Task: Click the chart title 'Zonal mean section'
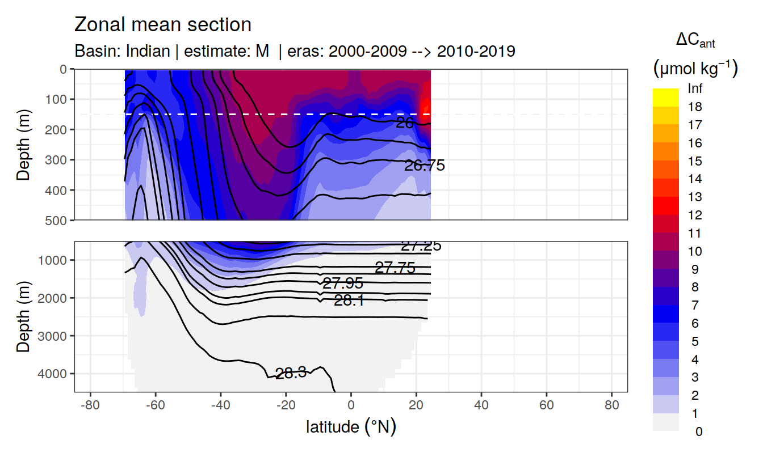(163, 25)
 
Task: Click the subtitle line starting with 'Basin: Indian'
(295, 52)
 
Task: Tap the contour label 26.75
(424, 166)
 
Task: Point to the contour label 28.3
(291, 373)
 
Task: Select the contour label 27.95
(342, 283)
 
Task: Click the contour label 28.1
(349, 301)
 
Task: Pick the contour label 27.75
(395, 268)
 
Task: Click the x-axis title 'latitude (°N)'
(351, 426)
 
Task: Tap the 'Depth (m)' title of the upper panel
(23, 144)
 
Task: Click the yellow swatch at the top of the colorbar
(665, 97)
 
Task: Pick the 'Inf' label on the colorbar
(695, 89)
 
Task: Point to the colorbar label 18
(695, 107)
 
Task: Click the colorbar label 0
(698, 431)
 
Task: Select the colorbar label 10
(695, 251)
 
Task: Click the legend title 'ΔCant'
(695, 40)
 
